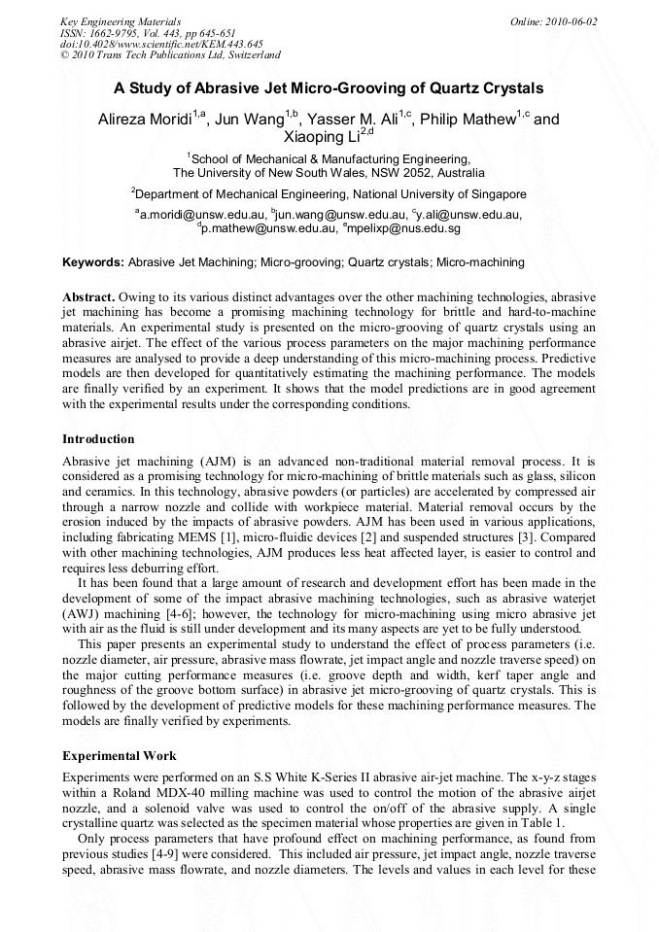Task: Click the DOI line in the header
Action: pos(161,44)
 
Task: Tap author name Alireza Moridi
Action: pos(146,120)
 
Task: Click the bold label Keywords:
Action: pos(93,262)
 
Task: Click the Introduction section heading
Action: pos(98,439)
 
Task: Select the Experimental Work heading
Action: pos(120,755)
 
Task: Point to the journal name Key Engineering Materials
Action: pos(120,21)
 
